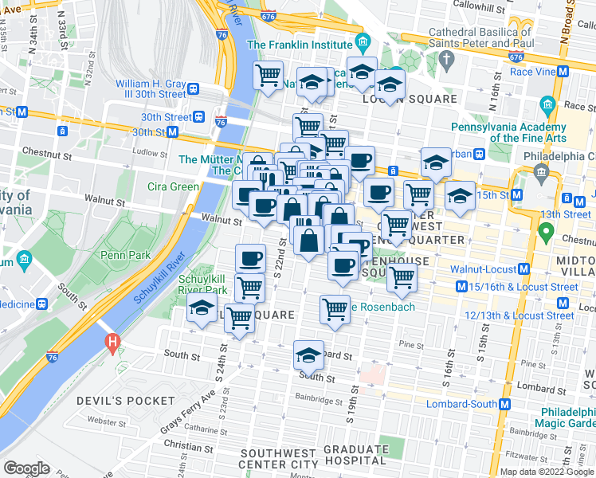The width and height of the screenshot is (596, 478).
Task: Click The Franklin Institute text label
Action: pyautogui.click(x=299, y=45)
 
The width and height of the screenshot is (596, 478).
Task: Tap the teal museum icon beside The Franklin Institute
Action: pyautogui.click(x=363, y=41)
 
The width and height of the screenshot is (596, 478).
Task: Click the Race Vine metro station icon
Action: pyautogui.click(x=563, y=71)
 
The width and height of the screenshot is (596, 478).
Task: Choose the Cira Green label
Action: pyautogui.click(x=173, y=187)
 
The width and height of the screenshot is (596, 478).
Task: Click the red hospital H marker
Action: pyautogui.click(x=112, y=343)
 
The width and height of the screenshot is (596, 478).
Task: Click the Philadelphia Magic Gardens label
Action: pyautogui.click(x=568, y=417)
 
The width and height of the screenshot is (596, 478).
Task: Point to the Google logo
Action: pyautogui.click(x=26, y=468)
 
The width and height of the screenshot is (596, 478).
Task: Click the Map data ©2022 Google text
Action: pyautogui.click(x=547, y=472)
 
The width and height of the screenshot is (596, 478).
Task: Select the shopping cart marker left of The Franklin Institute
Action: pyautogui.click(x=269, y=75)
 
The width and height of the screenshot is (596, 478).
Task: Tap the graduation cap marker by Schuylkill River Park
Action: pyautogui.click(x=202, y=308)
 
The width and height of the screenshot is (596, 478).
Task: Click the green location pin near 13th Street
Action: pyautogui.click(x=546, y=233)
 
